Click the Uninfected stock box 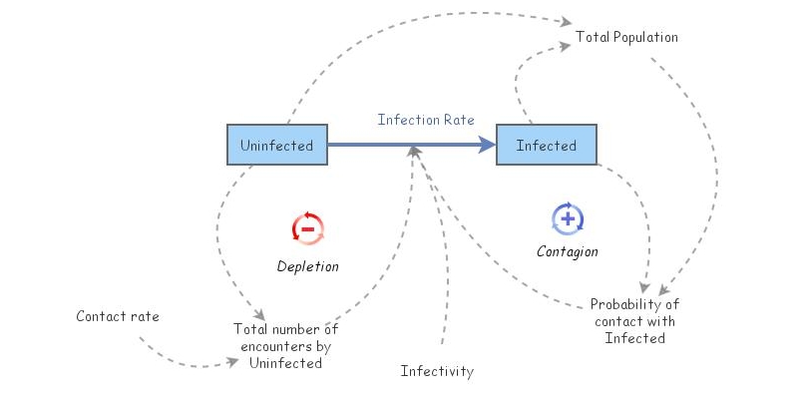[276, 146]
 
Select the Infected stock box [546, 146]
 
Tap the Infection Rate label [425, 120]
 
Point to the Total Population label [626, 38]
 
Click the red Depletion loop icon [307, 228]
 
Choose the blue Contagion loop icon [567, 217]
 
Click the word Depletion [307, 266]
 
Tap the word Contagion [567, 251]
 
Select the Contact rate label [117, 317]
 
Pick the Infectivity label [437, 372]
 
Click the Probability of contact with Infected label [634, 321]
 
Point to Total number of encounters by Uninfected [285, 346]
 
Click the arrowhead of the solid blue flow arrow [488, 146]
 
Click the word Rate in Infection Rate [458, 120]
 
